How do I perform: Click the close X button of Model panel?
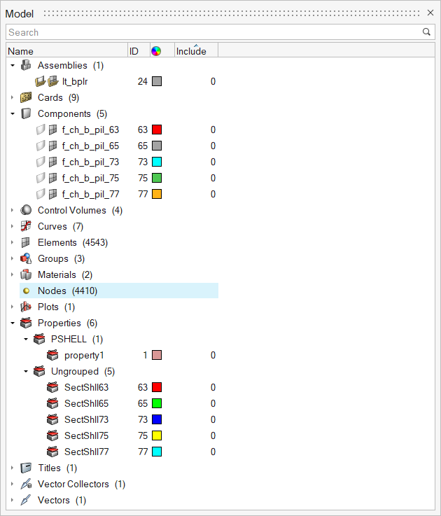coord(430,13)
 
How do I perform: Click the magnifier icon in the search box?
coord(426,32)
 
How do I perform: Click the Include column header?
coord(191,51)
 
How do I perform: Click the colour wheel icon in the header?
coord(156,51)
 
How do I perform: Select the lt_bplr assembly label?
coord(75,81)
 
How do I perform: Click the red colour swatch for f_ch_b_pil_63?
coord(157,130)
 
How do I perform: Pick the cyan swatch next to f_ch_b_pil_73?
coord(157,162)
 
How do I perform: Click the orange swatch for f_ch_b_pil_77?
coord(157,194)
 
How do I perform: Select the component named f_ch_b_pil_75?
coord(90,178)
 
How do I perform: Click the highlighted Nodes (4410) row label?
coord(62,291)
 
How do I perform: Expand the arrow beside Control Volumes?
coord(13,210)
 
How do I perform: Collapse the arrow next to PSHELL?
coord(26,339)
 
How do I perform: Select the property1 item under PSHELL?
coord(84,355)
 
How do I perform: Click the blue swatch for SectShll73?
coord(157,419)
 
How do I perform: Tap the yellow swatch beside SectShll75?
coord(157,435)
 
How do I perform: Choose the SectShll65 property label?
coord(86,403)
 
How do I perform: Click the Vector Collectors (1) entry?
coord(81,484)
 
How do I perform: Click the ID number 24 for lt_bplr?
coord(143,81)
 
